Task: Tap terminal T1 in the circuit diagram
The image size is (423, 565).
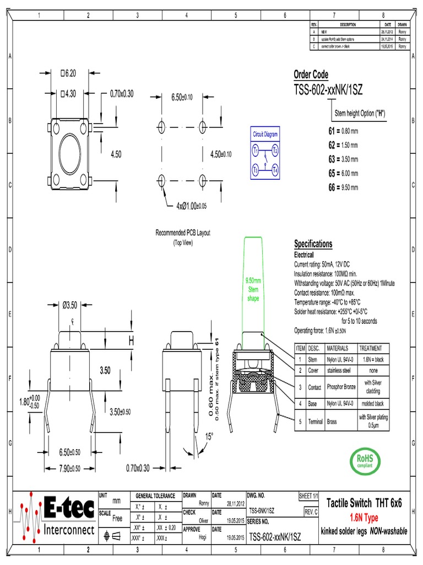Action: coord(256,150)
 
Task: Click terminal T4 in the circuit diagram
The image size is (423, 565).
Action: coord(275,170)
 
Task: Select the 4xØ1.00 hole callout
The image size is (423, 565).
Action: coord(191,206)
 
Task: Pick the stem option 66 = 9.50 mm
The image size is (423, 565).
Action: coord(343,188)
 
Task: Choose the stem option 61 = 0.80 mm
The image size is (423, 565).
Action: coord(343,131)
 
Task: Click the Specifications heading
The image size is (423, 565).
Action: coord(313,244)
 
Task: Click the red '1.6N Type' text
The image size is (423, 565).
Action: coord(364,518)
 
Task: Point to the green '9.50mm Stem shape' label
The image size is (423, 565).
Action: coord(253,290)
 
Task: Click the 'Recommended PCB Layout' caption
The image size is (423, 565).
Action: coord(183,233)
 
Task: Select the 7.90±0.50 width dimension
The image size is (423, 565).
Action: coord(70,468)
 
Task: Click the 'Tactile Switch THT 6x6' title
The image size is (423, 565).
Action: coord(364,503)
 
